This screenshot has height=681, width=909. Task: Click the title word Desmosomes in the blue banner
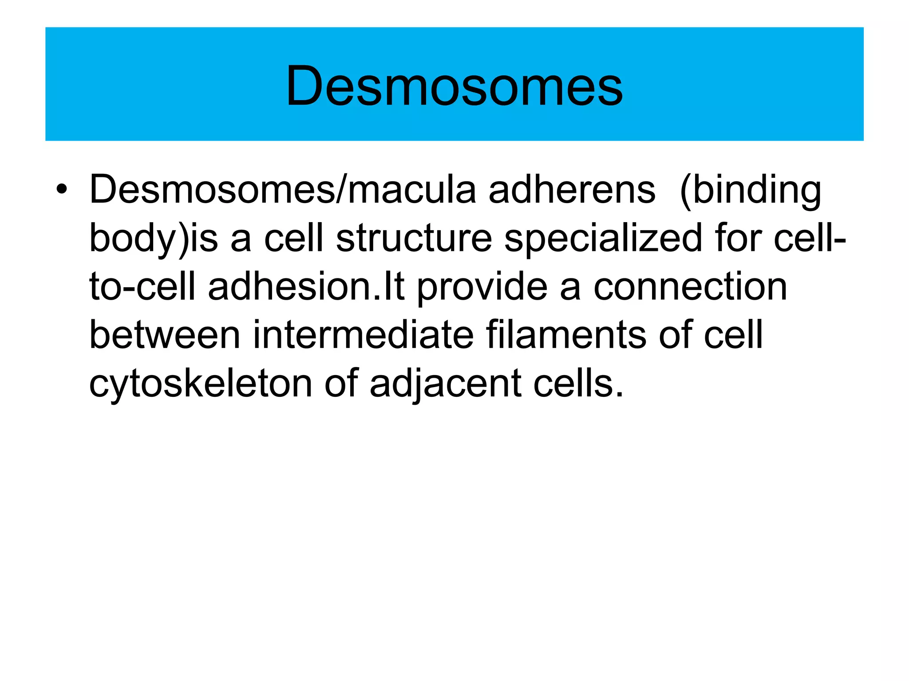tap(454, 85)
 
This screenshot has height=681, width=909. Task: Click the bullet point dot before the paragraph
tap(62, 190)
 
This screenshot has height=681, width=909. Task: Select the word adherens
tap(572, 190)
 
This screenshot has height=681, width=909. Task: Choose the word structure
tap(414, 239)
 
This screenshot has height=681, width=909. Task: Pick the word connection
tap(690, 286)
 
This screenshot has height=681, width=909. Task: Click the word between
tap(165, 335)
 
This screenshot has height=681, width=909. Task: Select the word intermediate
tap(363, 335)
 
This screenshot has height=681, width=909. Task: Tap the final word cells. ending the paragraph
tap(578, 383)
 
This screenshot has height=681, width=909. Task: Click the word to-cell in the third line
tap(142, 286)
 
